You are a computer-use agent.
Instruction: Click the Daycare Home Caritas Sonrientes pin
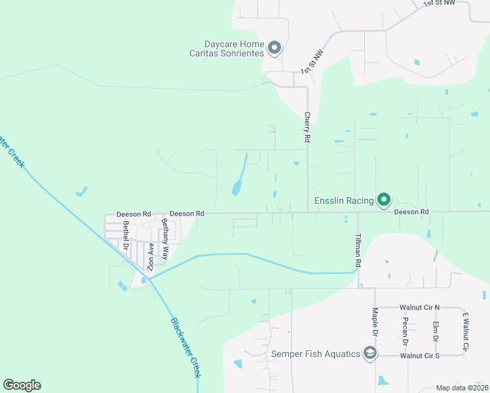click(x=274, y=48)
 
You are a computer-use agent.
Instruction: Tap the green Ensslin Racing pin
click(x=384, y=200)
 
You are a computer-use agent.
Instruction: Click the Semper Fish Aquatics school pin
click(x=370, y=354)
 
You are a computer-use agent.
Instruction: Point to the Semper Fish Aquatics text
click(x=316, y=354)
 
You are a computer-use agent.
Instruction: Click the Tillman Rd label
click(x=358, y=250)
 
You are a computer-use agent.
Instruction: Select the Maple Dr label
click(x=375, y=322)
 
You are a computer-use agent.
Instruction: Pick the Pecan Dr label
click(x=405, y=331)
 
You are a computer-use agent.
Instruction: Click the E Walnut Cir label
click(x=466, y=331)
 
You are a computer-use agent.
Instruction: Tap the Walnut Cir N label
click(x=420, y=307)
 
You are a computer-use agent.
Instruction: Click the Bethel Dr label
click(x=125, y=235)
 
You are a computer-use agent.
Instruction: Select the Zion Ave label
click(x=151, y=257)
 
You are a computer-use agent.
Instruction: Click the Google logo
click(x=22, y=385)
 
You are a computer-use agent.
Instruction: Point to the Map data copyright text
click(x=462, y=388)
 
